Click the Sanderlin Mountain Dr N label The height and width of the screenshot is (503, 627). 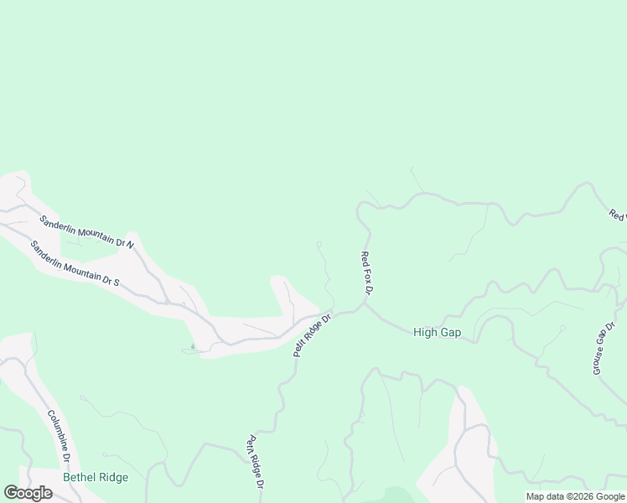pyautogui.click(x=87, y=231)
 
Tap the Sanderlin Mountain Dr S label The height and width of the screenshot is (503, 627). pyautogui.click(x=75, y=263)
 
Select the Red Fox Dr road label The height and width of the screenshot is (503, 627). pyautogui.click(x=365, y=272)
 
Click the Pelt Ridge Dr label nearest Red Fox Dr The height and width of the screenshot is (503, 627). pyautogui.click(x=313, y=335)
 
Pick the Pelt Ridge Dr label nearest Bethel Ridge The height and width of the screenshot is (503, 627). pyautogui.click(x=256, y=462)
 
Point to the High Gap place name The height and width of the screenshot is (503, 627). pyautogui.click(x=437, y=333)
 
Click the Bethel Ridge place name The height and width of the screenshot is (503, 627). pyautogui.click(x=96, y=478)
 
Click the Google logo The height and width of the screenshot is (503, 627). pyautogui.click(x=28, y=493)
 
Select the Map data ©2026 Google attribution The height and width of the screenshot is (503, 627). pyautogui.click(x=574, y=496)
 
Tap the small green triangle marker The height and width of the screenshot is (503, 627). pyautogui.click(x=193, y=345)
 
